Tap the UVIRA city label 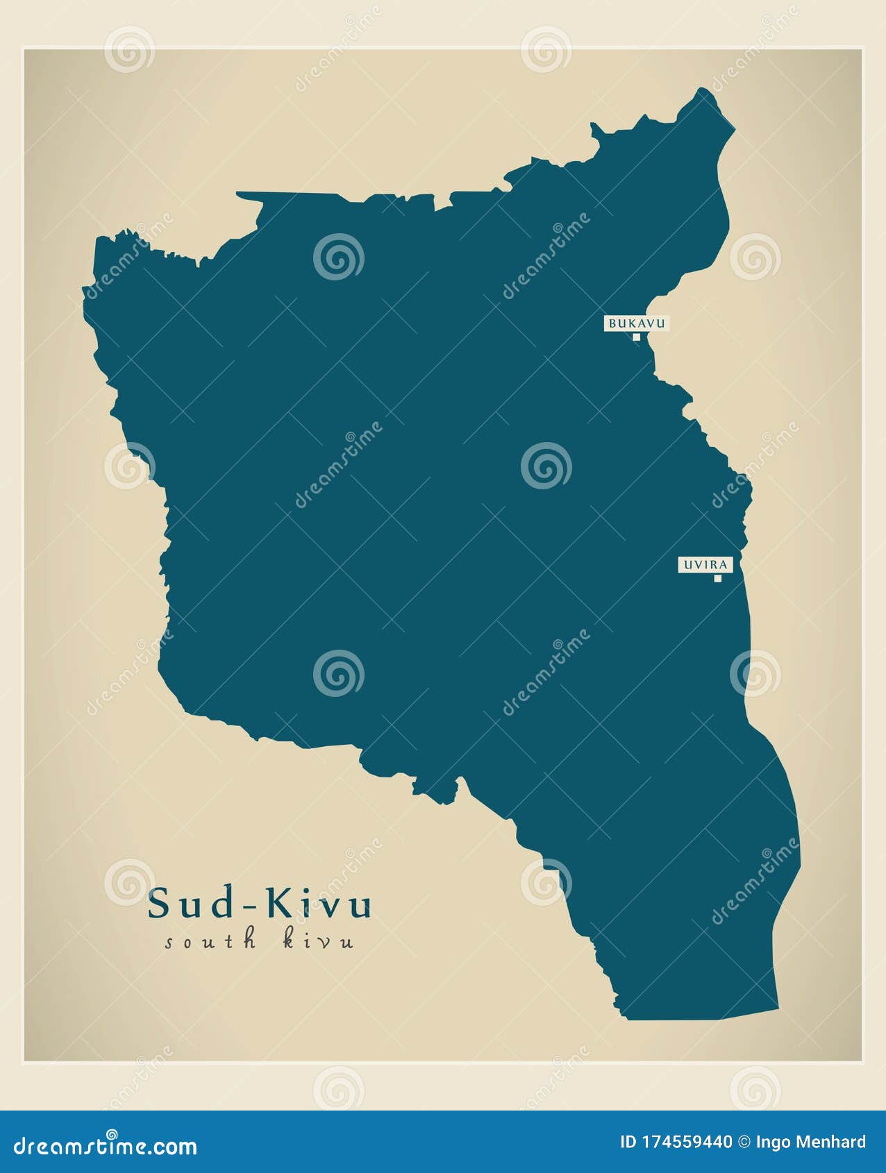pos(705,565)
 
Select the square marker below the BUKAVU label pos(636,337)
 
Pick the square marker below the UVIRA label pos(718,578)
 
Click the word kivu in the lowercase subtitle pos(319,941)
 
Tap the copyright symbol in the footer pos(744,1142)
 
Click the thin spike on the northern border pos(250,195)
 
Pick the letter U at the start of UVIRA pos(688,565)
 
